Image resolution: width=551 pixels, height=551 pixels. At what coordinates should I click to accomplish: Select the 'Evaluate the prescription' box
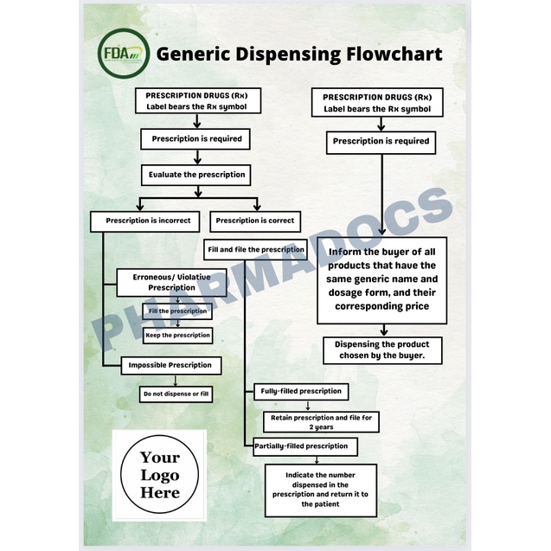[198, 175]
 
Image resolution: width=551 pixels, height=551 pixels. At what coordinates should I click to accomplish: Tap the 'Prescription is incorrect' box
[148, 221]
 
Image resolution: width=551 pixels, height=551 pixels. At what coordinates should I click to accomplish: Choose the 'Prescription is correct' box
[254, 221]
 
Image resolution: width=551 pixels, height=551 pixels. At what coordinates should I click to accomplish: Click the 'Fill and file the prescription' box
[255, 250]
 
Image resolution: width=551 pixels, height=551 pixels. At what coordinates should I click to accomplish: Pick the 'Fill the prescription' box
[177, 311]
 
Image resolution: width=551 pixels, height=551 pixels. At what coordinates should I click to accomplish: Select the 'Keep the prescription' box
[177, 335]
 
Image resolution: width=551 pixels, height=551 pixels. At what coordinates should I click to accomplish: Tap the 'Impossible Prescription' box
[170, 365]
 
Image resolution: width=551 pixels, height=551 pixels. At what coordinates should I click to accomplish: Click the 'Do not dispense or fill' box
[176, 394]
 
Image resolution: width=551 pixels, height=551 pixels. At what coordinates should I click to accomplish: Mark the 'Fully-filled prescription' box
[301, 391]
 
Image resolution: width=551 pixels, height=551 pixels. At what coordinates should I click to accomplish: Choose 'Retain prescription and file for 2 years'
[319, 422]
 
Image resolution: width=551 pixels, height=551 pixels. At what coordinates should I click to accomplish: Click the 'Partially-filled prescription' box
[301, 446]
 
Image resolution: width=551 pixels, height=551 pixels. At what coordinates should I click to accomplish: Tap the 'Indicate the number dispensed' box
[321, 490]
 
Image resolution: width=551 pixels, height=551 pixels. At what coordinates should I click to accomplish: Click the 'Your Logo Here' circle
[160, 475]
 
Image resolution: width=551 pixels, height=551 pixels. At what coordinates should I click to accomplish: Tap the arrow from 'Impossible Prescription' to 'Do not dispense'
[176, 381]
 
